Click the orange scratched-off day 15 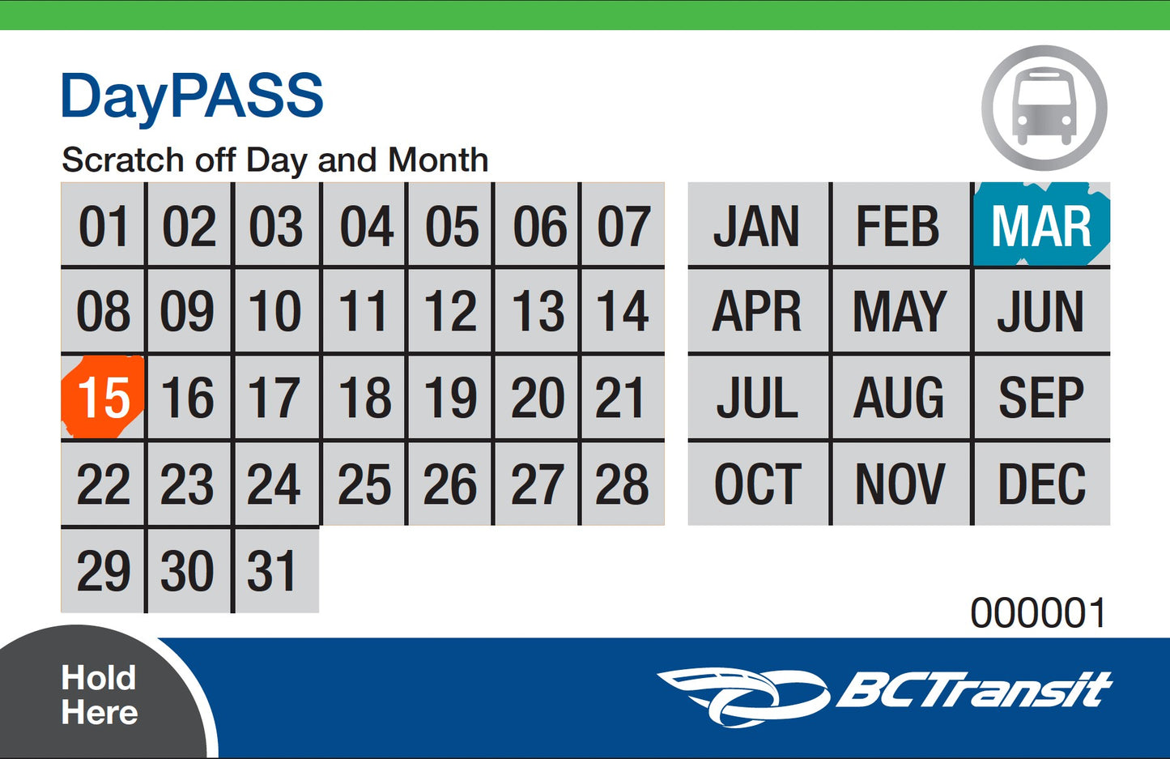[104, 397]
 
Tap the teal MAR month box [1041, 226]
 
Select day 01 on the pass [104, 226]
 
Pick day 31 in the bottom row [275, 570]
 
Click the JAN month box [758, 226]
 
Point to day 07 [623, 226]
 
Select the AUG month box [900, 398]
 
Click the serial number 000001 [1038, 613]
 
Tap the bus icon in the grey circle [1044, 108]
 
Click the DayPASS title [192, 96]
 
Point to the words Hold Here [99, 695]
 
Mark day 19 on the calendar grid [450, 398]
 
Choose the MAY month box [900, 312]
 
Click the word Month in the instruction [438, 160]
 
